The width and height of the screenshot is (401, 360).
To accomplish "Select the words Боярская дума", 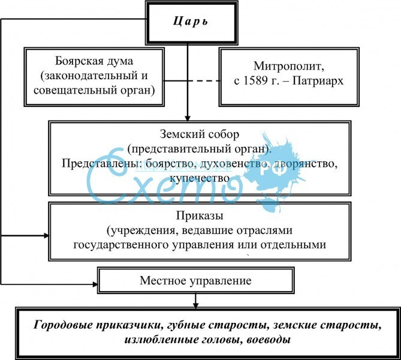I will tap(94, 62).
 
